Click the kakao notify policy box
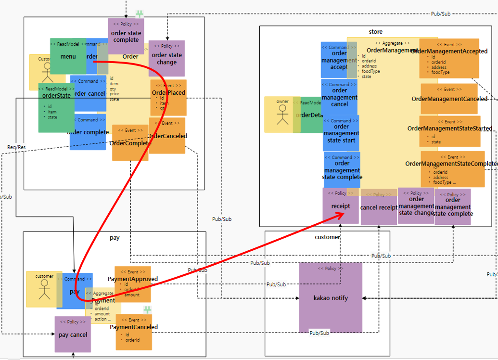[330, 297]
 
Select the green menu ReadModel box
[68, 56]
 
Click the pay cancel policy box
[73, 334]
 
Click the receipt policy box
[341, 206]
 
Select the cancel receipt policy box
[378, 207]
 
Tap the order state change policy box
[166, 58]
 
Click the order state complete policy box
[126, 36]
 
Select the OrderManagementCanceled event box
[449, 99]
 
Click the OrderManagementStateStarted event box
[449, 131]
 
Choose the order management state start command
[341, 133]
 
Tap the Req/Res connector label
[17, 147]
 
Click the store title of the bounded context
[375, 32]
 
